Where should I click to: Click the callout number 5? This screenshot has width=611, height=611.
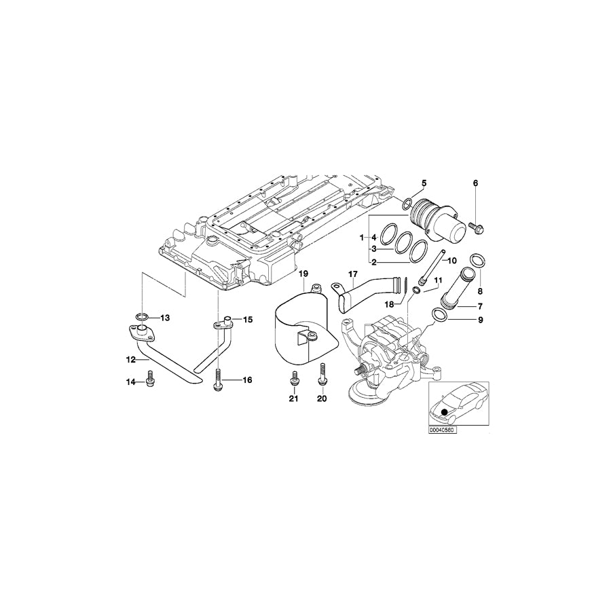coord(424,183)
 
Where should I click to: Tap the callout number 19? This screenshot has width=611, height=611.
coord(303,274)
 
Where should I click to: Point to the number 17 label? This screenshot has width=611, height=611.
coord(352,274)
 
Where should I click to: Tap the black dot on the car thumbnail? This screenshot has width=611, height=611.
coord(445,411)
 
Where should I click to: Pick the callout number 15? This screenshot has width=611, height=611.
coord(248,318)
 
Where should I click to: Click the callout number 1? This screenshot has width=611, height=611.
coord(363,238)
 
